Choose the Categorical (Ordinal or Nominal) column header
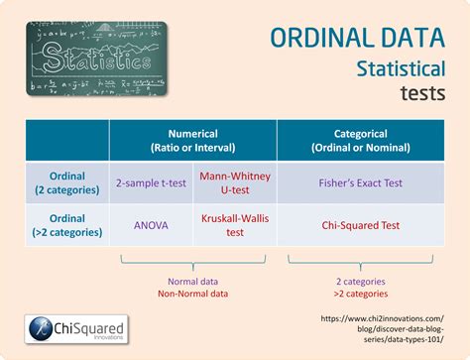[360, 141]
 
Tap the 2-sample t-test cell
[152, 183]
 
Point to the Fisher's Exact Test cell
[360, 183]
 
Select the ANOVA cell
[152, 224]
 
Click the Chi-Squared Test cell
[360, 224]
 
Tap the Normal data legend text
[192, 281]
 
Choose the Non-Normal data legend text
[192, 294]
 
